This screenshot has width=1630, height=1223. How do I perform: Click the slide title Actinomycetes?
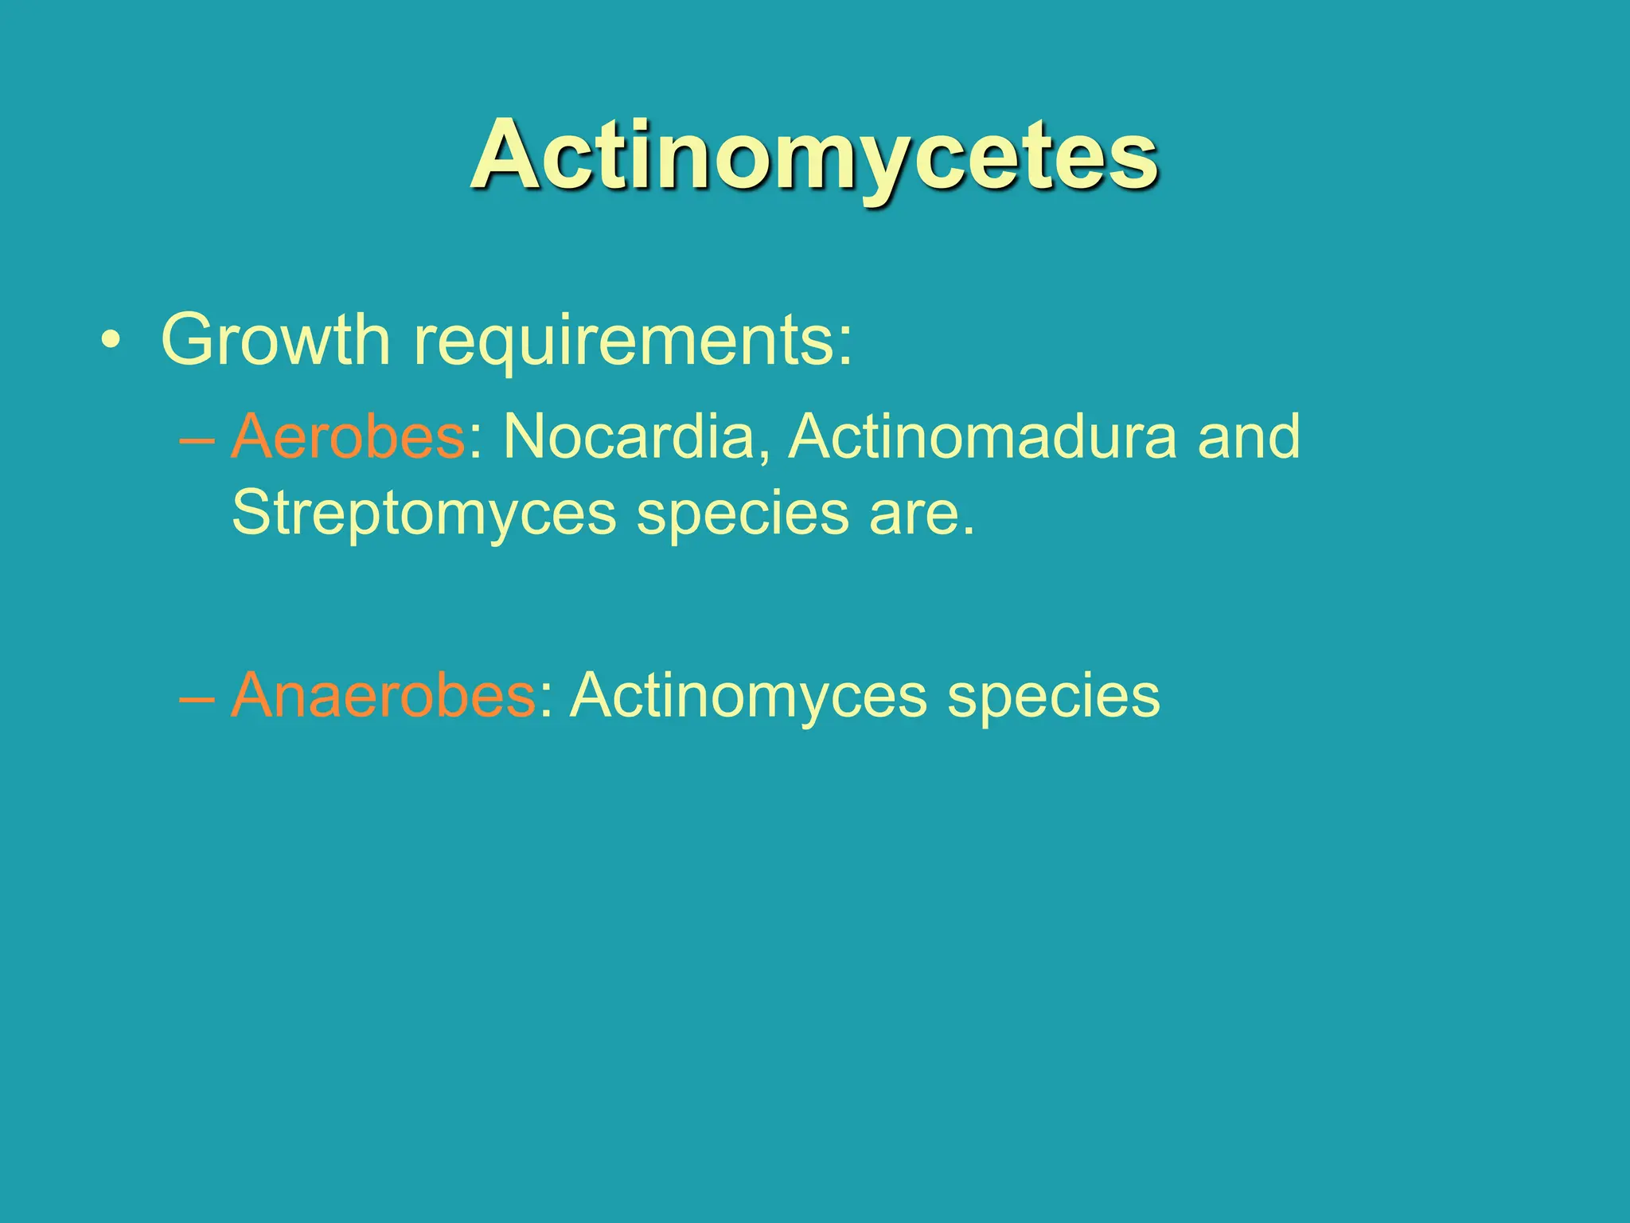click(813, 155)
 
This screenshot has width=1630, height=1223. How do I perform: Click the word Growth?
click(275, 340)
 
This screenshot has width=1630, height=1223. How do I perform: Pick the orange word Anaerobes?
click(383, 696)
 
